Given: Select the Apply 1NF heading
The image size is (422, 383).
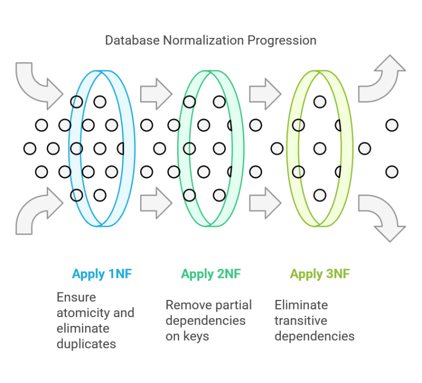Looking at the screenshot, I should coord(102,274).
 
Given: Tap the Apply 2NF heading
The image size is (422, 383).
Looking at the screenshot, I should coord(210,274).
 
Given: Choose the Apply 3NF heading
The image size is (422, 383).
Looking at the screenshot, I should coord(319,274).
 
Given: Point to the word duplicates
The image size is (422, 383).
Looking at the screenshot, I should coord(86,344).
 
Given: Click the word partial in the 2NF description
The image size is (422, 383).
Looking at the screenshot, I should coord(232,305).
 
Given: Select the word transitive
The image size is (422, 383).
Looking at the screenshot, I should coord(301,320).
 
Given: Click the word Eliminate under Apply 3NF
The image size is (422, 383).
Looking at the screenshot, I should coord(301,305).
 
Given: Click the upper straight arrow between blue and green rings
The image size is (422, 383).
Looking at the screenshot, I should coord(156,93).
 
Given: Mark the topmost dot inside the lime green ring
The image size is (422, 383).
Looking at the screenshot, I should coord(320,102).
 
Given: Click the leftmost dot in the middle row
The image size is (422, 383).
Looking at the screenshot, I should coord(30,148).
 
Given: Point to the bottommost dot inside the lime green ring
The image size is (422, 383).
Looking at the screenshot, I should coord(320,195).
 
